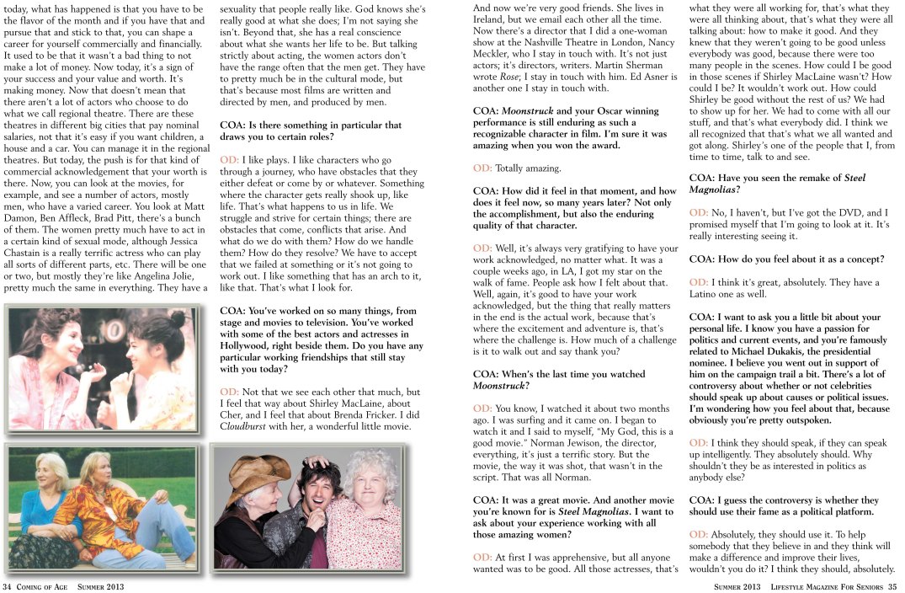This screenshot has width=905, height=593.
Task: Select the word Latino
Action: pyautogui.click(x=707, y=294)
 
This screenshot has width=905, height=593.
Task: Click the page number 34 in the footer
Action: pyautogui.click(x=8, y=586)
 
